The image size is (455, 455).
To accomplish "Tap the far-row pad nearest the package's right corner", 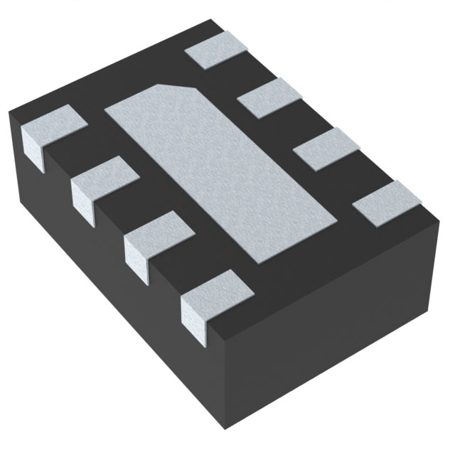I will pyautogui.click(x=384, y=202).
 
